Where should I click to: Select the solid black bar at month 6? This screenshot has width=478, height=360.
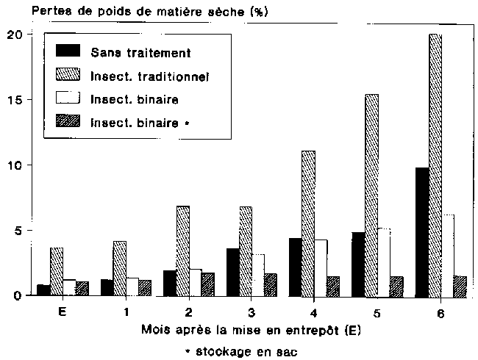(x=422, y=231)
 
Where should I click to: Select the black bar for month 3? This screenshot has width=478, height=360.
(x=233, y=272)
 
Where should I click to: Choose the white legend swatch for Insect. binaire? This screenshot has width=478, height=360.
(x=70, y=99)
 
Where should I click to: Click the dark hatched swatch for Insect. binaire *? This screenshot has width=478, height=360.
(x=70, y=123)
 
